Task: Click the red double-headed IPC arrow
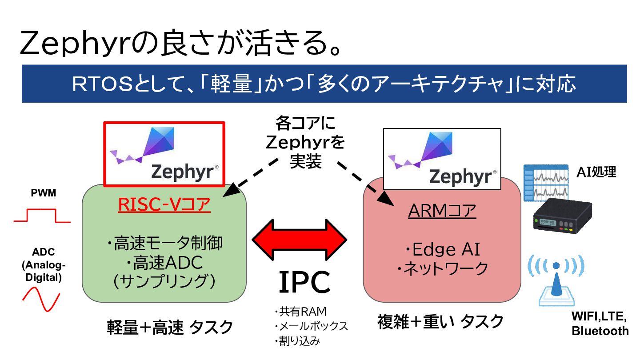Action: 300,240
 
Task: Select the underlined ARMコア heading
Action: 442,211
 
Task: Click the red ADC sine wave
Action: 41,298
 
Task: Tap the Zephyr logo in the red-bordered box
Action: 164,154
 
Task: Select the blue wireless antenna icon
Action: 556,280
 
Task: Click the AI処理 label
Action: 596,172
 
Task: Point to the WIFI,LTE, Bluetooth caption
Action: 600,324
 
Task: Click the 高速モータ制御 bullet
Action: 164,244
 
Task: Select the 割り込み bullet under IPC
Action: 297,341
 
